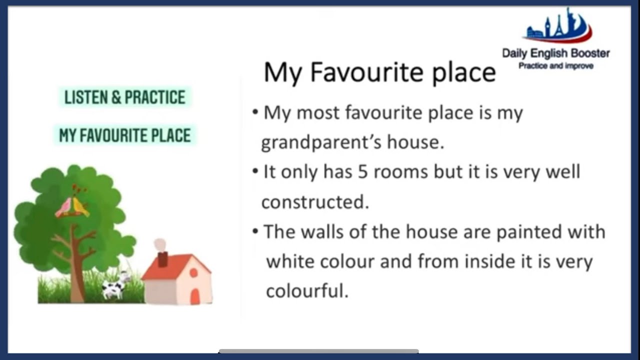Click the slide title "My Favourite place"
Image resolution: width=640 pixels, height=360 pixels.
pos(379,72)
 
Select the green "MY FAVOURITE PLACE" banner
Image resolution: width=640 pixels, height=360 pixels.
pos(125,135)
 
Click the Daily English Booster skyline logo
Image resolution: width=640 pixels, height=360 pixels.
pos(558,27)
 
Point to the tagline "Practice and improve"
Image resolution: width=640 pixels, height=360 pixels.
pos(555,66)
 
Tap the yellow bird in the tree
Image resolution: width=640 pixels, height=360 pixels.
pos(80,206)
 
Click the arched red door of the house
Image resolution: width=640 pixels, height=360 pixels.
pos(195,296)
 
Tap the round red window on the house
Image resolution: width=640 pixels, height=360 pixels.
pos(193,273)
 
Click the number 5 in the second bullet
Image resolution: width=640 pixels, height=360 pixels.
pos(362,172)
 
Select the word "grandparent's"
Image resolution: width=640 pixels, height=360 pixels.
pos(322,143)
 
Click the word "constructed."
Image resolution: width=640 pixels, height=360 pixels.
pos(315,202)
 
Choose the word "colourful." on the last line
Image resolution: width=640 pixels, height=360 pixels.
pos(307,291)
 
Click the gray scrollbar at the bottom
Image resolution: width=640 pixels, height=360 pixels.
pos(318,351)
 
